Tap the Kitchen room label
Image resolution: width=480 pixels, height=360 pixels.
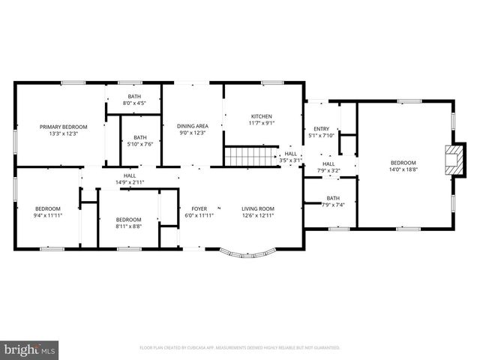(x=261, y=116)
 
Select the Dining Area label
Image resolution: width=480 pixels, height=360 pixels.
(x=192, y=126)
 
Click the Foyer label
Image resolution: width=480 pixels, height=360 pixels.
(x=199, y=208)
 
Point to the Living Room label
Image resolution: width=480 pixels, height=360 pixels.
(x=257, y=208)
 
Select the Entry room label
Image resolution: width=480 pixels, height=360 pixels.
(x=321, y=129)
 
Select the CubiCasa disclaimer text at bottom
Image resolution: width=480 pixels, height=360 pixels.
(x=239, y=348)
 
